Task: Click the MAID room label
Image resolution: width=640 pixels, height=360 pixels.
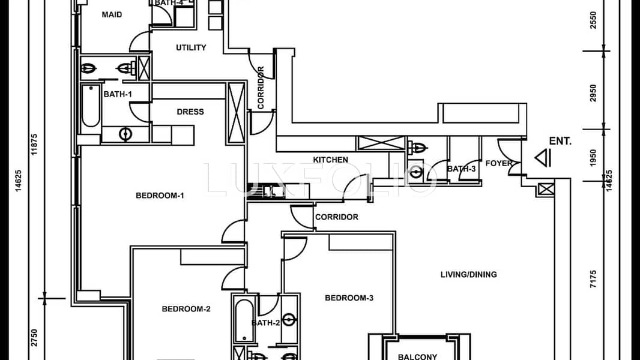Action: (x=112, y=14)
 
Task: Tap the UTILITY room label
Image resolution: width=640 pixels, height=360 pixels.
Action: (x=191, y=47)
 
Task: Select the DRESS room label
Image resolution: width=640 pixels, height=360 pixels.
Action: (x=190, y=112)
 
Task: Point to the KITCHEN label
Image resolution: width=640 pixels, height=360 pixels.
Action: (x=330, y=160)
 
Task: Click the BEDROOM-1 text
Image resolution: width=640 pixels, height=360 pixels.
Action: (x=159, y=195)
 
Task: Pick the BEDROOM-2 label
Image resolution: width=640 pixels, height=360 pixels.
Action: (x=186, y=309)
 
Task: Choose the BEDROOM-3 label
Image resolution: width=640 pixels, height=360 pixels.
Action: (x=349, y=298)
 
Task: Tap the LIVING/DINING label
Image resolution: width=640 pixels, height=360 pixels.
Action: (x=468, y=275)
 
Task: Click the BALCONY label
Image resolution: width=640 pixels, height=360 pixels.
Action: (x=417, y=357)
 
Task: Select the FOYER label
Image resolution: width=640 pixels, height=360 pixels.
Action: (x=499, y=163)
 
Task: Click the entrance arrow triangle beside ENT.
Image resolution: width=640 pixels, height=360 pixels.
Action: (x=543, y=158)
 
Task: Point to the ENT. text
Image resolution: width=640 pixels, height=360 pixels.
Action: (x=560, y=142)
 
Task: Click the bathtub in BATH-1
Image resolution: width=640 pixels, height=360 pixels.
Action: (x=91, y=106)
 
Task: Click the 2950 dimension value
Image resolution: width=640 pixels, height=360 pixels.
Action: (x=594, y=93)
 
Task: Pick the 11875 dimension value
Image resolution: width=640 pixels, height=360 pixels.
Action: (x=35, y=144)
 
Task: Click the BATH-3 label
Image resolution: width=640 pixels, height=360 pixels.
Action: (x=461, y=169)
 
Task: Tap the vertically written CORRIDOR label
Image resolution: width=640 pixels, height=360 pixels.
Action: (x=261, y=88)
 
